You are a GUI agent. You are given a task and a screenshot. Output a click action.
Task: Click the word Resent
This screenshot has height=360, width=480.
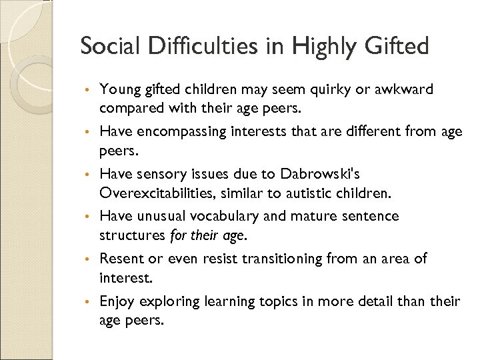pyautogui.click(x=121, y=258)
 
